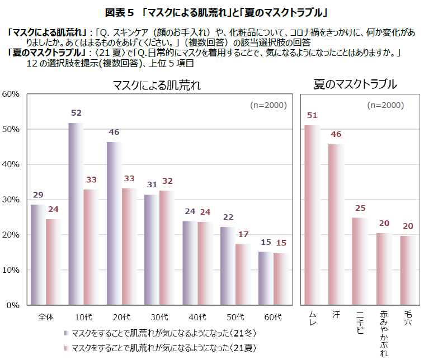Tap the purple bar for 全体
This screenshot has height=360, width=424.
(39, 255)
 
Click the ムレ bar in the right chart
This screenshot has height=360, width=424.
(312, 215)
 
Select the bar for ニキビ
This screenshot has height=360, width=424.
(360, 262)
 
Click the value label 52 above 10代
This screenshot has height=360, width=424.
(76, 113)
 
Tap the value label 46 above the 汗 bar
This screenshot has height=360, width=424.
(336, 134)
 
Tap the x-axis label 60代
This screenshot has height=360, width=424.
(272, 317)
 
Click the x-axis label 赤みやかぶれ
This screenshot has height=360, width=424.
(384, 332)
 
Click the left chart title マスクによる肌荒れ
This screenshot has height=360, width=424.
(156, 85)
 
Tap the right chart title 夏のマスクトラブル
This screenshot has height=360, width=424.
(355, 84)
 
